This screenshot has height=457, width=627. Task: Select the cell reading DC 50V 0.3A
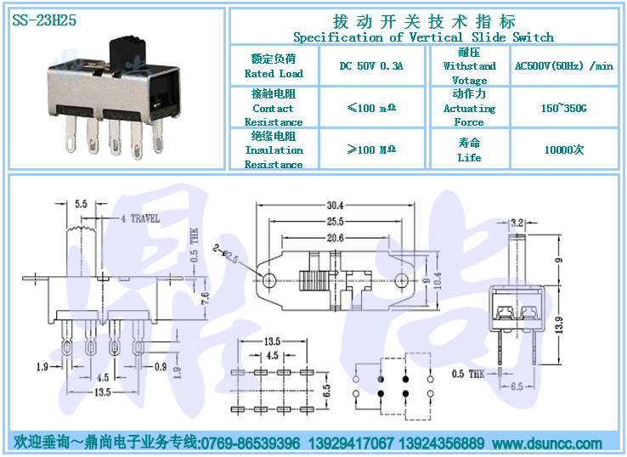pos(370,66)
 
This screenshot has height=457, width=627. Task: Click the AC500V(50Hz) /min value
pos(564,66)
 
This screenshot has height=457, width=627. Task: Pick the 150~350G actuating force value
pos(564,109)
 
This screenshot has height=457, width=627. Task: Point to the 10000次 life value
pos(564,150)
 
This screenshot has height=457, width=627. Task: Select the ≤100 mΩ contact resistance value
pos(371,109)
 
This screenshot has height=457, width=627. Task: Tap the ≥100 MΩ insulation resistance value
pos(371,150)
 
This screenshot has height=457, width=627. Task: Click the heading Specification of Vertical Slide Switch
pos(423,37)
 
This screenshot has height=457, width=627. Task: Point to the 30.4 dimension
pos(334,205)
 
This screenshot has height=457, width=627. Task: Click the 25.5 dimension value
pos(334,221)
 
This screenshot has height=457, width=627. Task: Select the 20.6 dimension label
pos(334,238)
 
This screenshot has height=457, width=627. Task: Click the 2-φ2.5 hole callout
pos(225,252)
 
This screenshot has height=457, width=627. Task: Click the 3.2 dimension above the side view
pos(517,223)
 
